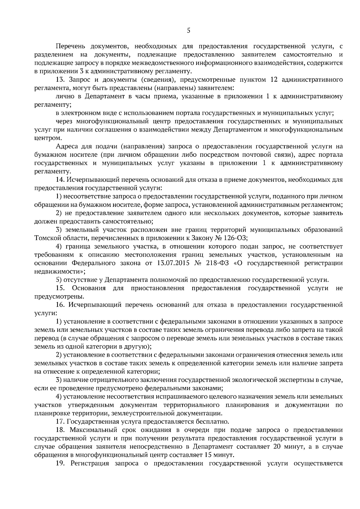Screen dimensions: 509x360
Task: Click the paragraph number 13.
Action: pyautogui.click(x=60, y=80)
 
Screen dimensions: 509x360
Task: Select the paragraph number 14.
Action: pyautogui.click(x=60, y=180)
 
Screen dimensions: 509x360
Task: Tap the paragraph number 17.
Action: pyautogui.click(x=60, y=422)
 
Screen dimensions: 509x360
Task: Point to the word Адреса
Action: pyautogui.click(x=66, y=147)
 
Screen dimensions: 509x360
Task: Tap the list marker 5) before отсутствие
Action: pyautogui.click(x=59, y=280)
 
